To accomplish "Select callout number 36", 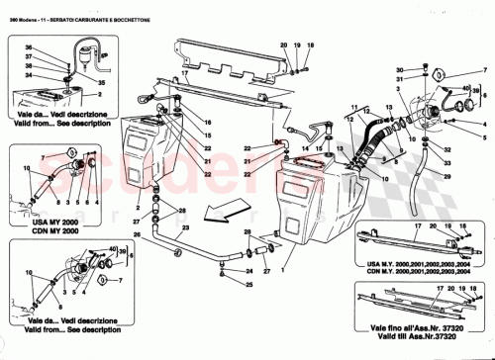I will (x=29, y=48).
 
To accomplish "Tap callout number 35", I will (x=101, y=84).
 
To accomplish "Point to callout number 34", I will (x=29, y=74).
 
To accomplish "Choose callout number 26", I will (x=139, y=234).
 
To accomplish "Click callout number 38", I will (x=29, y=61).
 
